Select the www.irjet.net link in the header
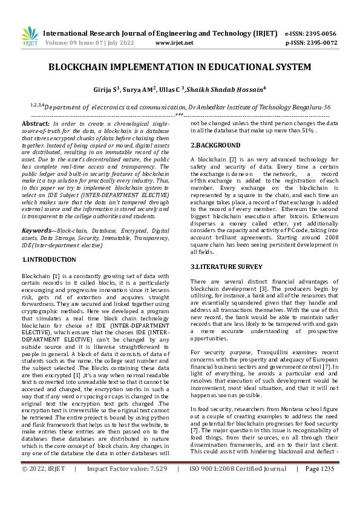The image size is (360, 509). [x=174, y=43]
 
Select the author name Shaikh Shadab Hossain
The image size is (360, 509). [x=232, y=89]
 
